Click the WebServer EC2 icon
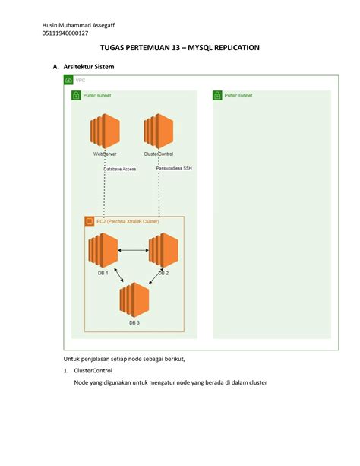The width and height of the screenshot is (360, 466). click(104, 132)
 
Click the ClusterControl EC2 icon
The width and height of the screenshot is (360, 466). click(158, 132)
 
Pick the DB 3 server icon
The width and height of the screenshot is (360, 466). click(133, 299)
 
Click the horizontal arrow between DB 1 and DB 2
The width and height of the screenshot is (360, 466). click(133, 250)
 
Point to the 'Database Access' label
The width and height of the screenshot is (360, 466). click(120, 169)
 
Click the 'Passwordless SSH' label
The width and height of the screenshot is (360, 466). click(174, 168)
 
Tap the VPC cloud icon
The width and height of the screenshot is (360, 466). click(68, 80)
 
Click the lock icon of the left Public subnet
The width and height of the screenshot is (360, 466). click(76, 96)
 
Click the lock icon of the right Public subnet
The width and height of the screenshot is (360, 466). click(217, 96)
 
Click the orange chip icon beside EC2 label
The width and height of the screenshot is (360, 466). click(89, 221)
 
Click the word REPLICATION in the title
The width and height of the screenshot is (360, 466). click(227, 47)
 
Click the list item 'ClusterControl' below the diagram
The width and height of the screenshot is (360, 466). click(93, 370)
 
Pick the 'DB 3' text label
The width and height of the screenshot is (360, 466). click(133, 322)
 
